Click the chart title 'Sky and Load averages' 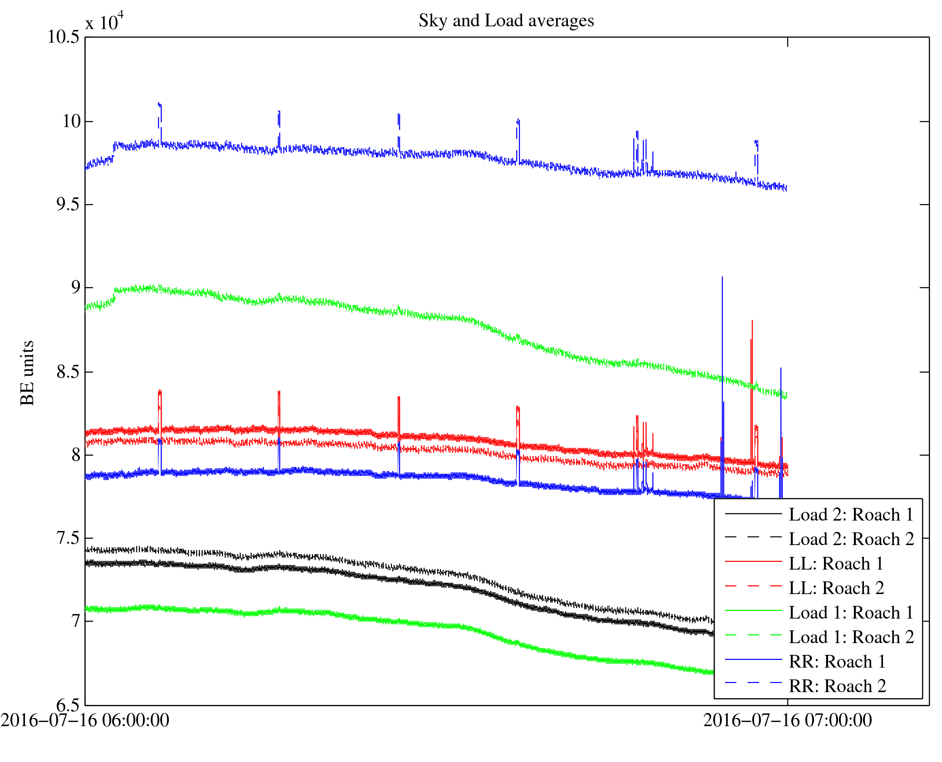[506, 21]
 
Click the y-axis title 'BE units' [27, 373]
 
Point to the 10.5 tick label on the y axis [64, 37]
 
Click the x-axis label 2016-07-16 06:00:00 [85, 721]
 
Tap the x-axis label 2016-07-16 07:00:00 [787, 721]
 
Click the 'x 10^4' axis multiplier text [104, 22]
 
